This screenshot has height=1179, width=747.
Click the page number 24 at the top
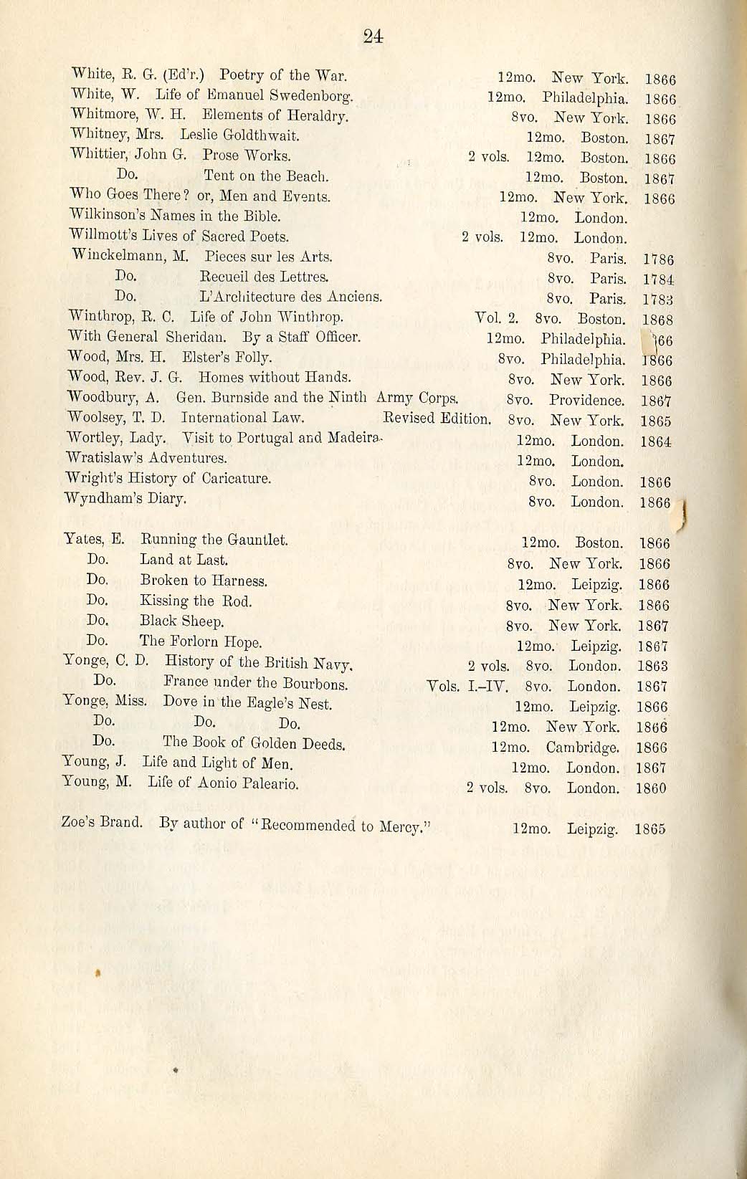pos(373,37)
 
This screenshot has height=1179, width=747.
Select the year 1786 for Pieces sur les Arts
pos(658,259)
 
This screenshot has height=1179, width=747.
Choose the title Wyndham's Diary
pos(125,498)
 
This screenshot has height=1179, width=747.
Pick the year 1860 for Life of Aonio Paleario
pos(651,788)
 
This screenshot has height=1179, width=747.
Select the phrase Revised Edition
pos(437,418)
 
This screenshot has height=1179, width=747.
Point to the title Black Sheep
pos(182,621)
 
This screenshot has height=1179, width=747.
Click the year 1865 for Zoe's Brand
pos(650,829)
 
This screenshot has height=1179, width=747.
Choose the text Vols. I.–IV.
pos(467,687)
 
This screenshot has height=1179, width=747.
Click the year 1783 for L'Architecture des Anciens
pos(658,300)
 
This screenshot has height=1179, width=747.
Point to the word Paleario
pos(268,784)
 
